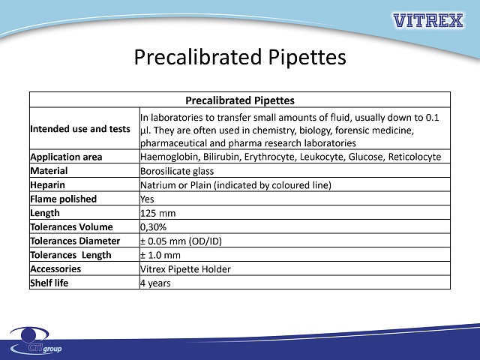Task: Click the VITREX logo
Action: [x=428, y=20]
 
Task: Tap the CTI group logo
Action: [x=36, y=340]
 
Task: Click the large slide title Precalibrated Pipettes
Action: [x=240, y=57]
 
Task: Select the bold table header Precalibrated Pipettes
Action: [x=240, y=100]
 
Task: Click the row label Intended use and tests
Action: [x=80, y=129]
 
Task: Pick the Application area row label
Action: [x=66, y=157]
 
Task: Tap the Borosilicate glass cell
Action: [x=177, y=171]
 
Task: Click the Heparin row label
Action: [x=47, y=185]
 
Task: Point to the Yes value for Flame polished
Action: [x=147, y=199]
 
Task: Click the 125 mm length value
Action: [x=158, y=213]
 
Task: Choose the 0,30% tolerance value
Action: [x=153, y=227]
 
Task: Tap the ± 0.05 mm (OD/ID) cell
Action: [x=181, y=241]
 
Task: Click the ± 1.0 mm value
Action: [x=160, y=255]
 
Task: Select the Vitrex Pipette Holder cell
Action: [x=185, y=269]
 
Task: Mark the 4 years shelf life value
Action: [x=155, y=283]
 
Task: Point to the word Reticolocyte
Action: [x=415, y=157]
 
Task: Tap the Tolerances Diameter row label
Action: [x=75, y=241]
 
